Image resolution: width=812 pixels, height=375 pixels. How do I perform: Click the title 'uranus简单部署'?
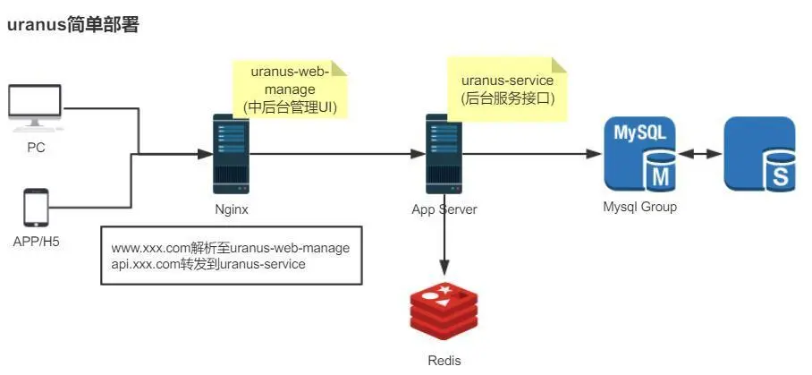tap(73, 26)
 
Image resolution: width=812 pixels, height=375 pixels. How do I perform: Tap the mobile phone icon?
tap(36, 208)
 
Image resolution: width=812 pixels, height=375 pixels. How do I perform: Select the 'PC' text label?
tap(35, 148)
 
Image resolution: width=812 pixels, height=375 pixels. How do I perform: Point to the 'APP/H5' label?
tap(36, 241)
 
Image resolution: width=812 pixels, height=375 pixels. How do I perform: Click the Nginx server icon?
tap(231, 153)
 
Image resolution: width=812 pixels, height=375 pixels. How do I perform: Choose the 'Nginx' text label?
tap(231, 209)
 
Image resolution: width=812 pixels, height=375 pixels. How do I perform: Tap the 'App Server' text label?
tap(444, 209)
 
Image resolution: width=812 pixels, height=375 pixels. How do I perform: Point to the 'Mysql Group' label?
tap(640, 207)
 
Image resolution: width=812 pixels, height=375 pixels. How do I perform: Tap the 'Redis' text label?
tap(444, 360)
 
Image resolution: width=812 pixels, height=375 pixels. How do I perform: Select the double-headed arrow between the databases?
tap(700, 154)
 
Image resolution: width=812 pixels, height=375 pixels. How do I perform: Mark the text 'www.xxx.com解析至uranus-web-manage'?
tap(230, 248)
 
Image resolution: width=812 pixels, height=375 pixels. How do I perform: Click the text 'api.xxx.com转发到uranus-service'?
tap(208, 264)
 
